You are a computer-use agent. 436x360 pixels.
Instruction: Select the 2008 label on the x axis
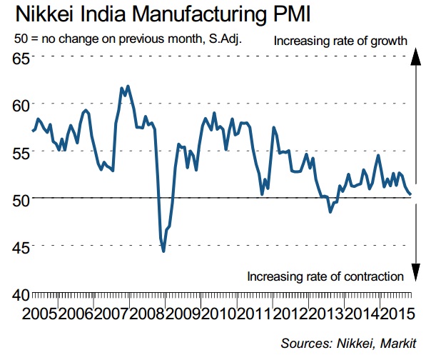tap(148, 314)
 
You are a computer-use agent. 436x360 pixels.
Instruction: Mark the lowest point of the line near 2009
tap(163, 251)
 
